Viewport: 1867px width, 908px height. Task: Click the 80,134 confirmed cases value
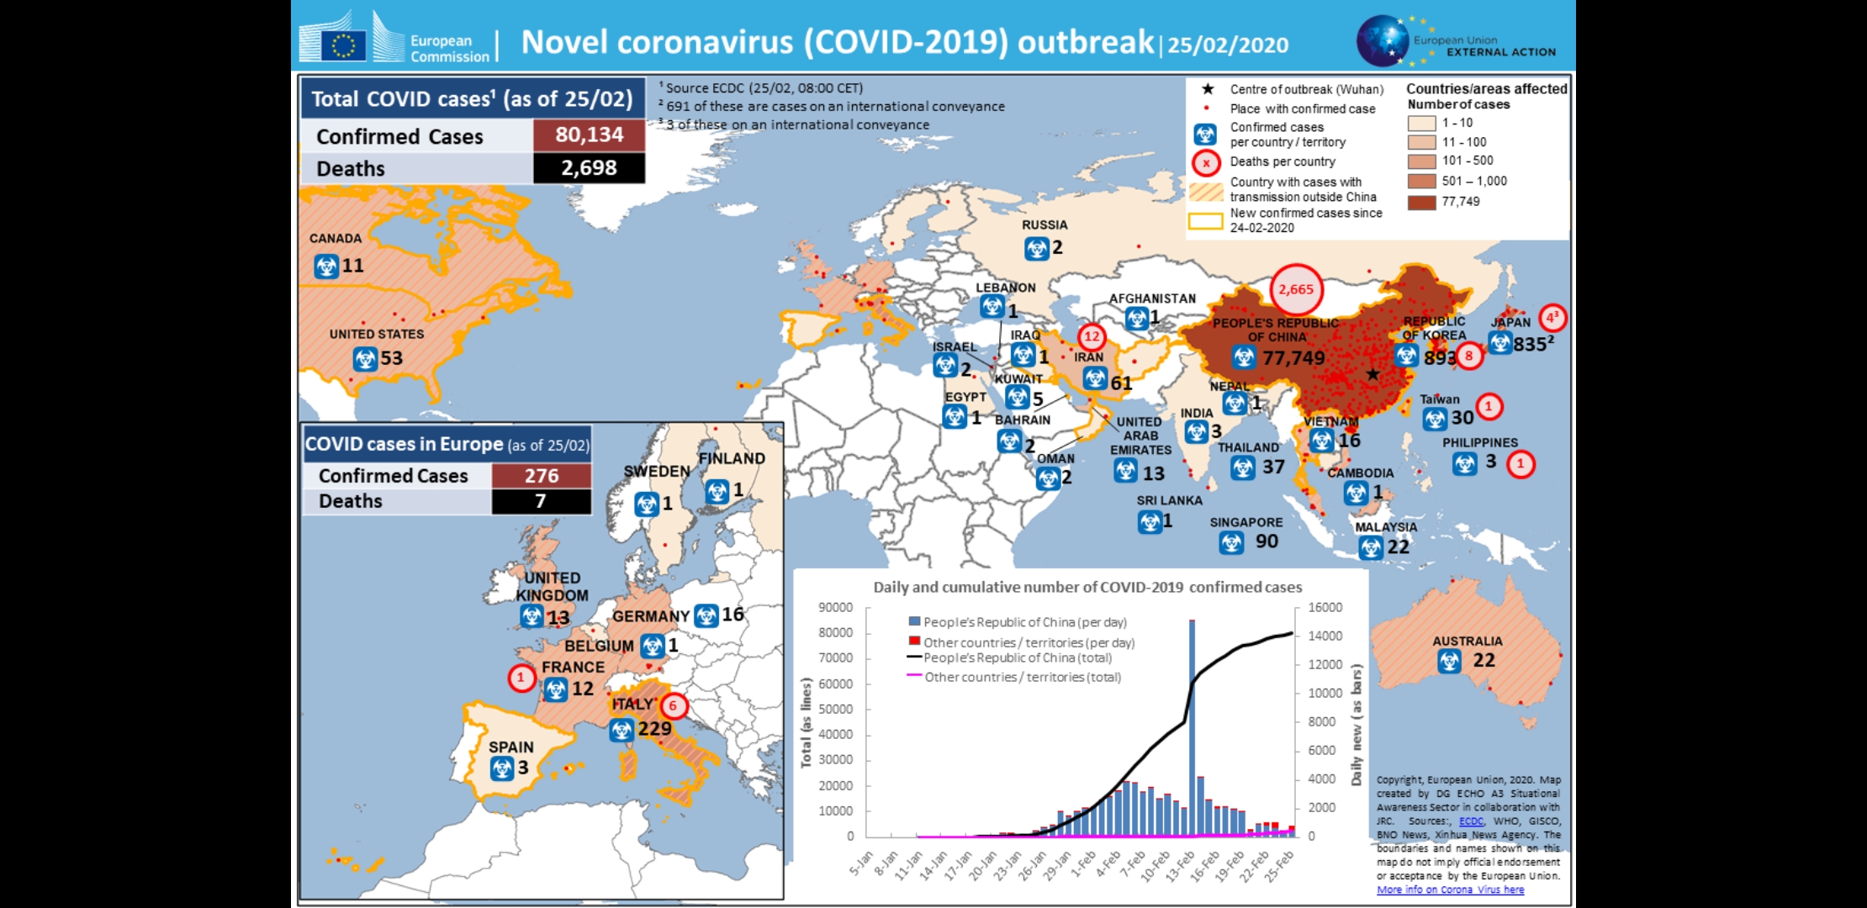coord(589,135)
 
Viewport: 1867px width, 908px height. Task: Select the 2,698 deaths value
coord(589,168)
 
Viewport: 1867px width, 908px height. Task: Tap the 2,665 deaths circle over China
coord(1296,289)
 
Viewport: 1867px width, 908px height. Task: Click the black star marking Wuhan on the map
coord(1372,374)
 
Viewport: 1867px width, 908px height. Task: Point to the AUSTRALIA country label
coord(1468,641)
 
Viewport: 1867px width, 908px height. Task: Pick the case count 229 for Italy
coord(654,729)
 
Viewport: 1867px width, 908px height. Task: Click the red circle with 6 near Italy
coord(673,706)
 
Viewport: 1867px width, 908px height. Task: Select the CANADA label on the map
coord(336,239)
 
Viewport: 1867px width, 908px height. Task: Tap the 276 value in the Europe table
coord(542,476)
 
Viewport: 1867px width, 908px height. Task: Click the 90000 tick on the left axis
coord(835,607)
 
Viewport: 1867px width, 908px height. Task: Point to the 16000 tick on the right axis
coord(1325,607)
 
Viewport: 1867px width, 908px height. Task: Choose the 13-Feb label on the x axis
coord(1182,863)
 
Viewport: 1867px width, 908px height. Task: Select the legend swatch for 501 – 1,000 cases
coord(1421,181)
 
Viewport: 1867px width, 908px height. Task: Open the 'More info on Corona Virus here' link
coord(1450,890)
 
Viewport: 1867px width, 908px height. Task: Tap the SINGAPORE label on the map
coord(1246,522)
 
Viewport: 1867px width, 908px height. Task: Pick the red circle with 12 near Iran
coord(1092,337)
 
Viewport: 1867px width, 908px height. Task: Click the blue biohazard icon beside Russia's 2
coord(1036,249)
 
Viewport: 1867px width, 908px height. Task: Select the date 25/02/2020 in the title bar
coord(1228,45)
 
